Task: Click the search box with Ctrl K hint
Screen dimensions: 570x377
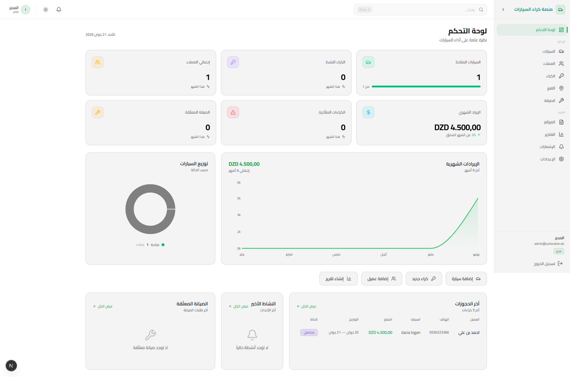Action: pyautogui.click(x=420, y=10)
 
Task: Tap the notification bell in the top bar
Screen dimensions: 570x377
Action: pyautogui.click(x=59, y=10)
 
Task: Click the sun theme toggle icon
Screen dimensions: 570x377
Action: pyautogui.click(x=46, y=10)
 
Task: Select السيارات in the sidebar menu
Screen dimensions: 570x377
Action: pyautogui.click(x=553, y=51)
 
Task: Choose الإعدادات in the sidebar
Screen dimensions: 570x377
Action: pyautogui.click(x=552, y=159)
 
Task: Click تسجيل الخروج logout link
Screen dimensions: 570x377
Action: pyautogui.click(x=548, y=264)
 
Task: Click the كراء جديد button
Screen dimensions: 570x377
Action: pyautogui.click(x=424, y=279)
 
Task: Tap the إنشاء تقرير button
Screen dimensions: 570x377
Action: pyautogui.click(x=338, y=279)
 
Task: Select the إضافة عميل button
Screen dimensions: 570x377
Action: pyautogui.click(x=382, y=279)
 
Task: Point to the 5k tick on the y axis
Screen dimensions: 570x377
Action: pyautogui.click(x=239, y=198)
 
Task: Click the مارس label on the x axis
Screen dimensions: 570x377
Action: pyautogui.click(x=336, y=254)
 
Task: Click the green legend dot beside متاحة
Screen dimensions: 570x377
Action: pyautogui.click(x=163, y=245)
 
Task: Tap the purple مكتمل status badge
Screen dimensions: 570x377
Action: pyautogui.click(x=309, y=332)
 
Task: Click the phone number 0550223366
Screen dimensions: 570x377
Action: pyautogui.click(x=439, y=332)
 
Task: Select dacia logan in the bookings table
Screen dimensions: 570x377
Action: pyautogui.click(x=411, y=332)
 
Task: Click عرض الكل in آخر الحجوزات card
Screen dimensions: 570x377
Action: pyautogui.click(x=306, y=306)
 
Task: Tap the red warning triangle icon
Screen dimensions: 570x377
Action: pyautogui.click(x=233, y=112)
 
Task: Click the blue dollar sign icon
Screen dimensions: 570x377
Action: pyautogui.click(x=368, y=112)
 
